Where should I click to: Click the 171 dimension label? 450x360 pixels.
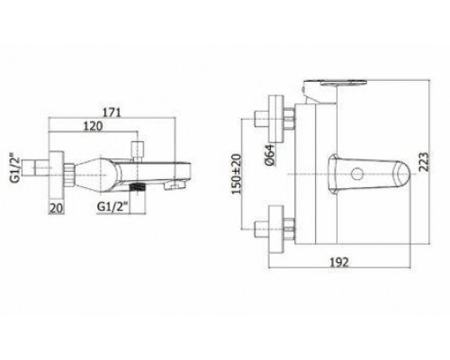pyautogui.click(x=112, y=112)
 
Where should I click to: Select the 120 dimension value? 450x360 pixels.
pyautogui.click(x=93, y=126)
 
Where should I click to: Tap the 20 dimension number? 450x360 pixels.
pyautogui.click(x=57, y=208)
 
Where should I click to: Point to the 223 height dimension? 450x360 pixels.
pyautogui.click(x=424, y=162)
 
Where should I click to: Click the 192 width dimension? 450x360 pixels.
pyautogui.click(x=339, y=263)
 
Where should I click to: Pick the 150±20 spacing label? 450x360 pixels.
pyautogui.click(x=237, y=174)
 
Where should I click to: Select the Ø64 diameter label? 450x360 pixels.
pyautogui.click(x=269, y=155)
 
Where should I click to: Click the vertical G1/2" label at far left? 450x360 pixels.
pyautogui.click(x=15, y=168)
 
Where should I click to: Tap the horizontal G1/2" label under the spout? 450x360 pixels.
pyautogui.click(x=112, y=206)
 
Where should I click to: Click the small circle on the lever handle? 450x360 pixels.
pyautogui.click(x=357, y=174)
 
